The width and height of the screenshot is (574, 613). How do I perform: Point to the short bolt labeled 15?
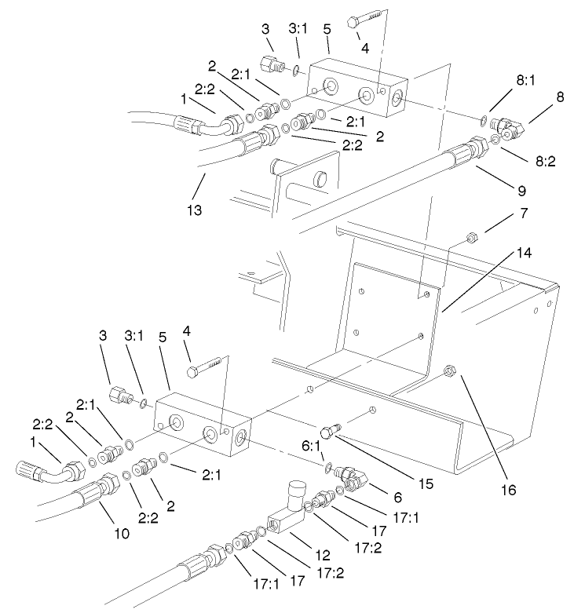330,432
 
